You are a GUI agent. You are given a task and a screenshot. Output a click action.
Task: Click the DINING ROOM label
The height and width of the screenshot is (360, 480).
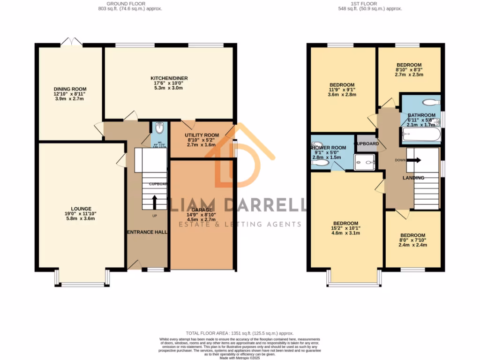coord(70,89)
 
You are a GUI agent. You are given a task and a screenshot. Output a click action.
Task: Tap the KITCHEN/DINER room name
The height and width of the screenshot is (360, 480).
coord(168,78)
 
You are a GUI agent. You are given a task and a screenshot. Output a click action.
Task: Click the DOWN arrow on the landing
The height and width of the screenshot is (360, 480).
coord(414,160)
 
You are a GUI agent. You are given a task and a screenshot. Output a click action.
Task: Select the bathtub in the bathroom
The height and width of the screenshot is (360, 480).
coord(420,136)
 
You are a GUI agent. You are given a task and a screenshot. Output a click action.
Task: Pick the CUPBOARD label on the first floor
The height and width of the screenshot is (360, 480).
coord(366,143)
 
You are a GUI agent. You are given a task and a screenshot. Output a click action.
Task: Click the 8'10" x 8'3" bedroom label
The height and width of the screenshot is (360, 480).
coord(409,69)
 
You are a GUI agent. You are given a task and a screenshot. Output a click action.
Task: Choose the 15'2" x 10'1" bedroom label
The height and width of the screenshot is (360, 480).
coord(345,228)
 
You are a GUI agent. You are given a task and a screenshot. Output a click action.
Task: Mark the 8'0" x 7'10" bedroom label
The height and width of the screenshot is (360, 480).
coord(412,240)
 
